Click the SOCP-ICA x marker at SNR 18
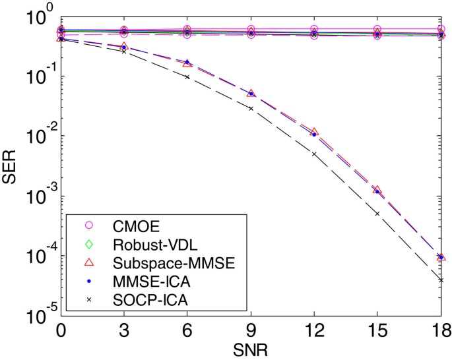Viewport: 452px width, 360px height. (441, 280)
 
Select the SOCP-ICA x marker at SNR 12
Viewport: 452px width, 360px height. (314, 154)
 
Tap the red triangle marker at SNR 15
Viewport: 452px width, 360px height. (377, 190)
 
